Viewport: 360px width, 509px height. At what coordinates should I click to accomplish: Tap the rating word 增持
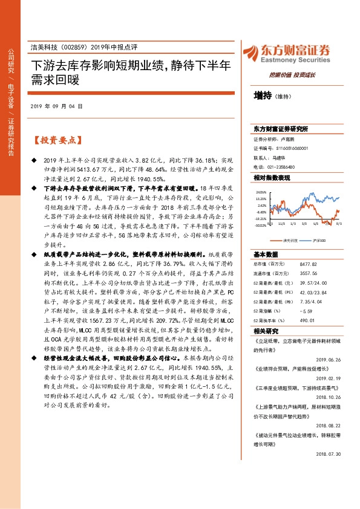[263, 96]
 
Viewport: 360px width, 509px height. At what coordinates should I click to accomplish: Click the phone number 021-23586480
[274, 166]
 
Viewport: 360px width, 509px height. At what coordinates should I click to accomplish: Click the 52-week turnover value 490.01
[307, 319]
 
